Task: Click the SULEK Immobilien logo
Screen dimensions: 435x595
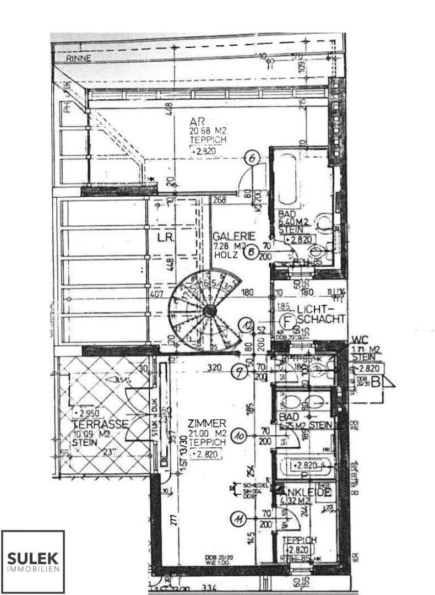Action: coord(33,561)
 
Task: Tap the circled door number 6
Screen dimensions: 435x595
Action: coord(253,158)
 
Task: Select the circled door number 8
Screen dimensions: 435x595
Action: coord(251,252)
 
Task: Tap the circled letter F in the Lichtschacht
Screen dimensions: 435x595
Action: coord(286,320)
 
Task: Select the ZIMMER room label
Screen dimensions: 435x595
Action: coord(206,424)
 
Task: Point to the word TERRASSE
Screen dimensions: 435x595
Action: coord(100,424)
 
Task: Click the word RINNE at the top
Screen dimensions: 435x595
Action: coord(78,59)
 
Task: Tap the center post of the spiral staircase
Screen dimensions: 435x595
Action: coord(209,311)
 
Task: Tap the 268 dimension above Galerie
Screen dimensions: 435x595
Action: coord(220,201)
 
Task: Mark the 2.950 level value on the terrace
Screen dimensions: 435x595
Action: coord(91,413)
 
